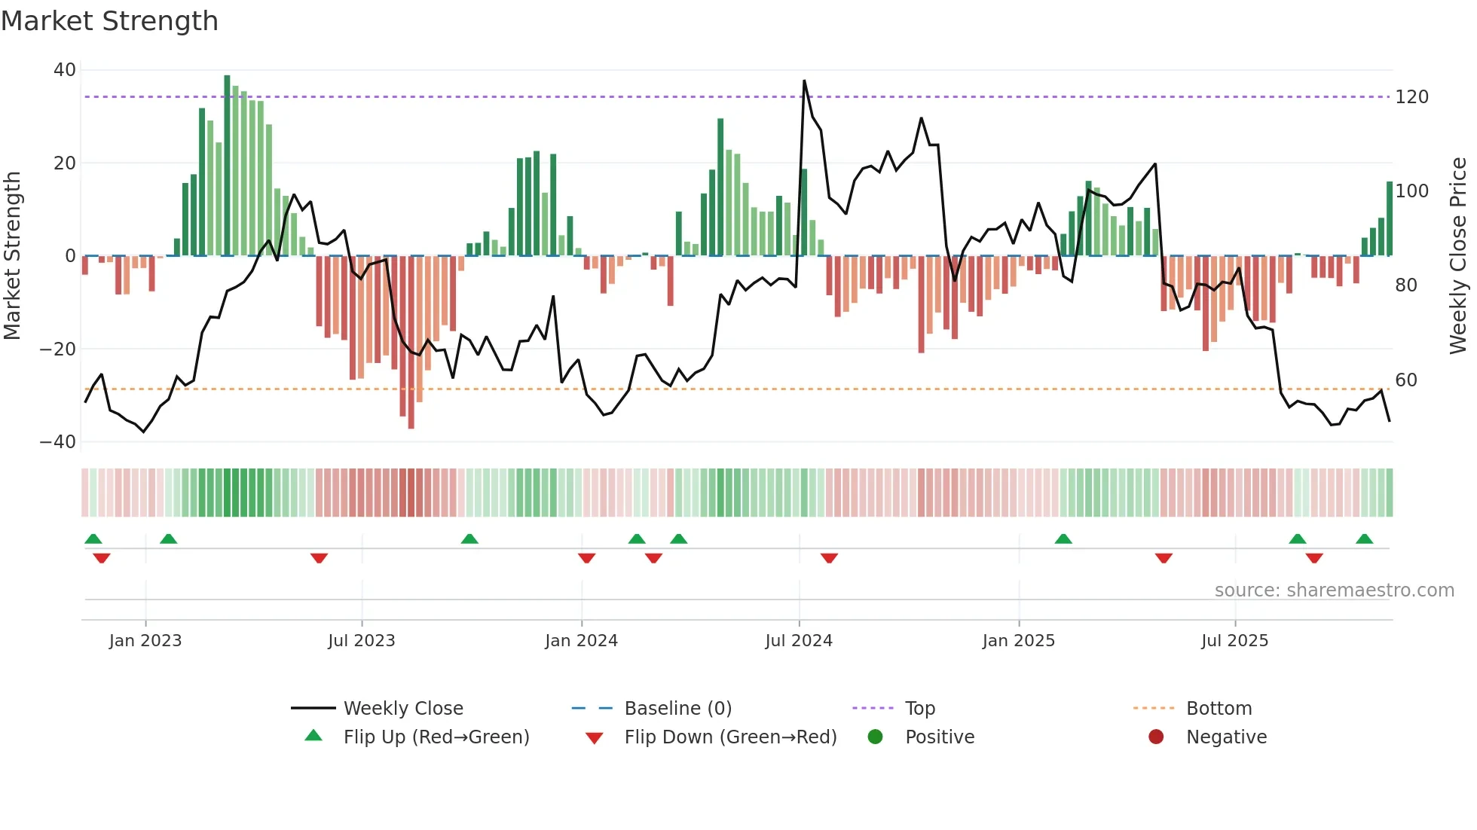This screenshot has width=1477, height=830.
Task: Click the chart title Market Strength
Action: click(109, 21)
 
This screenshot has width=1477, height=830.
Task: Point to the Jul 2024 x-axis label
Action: click(799, 640)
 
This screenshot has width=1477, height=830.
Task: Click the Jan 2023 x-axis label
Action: click(145, 640)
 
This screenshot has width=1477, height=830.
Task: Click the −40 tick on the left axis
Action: click(57, 442)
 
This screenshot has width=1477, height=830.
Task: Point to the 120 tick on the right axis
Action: click(1411, 97)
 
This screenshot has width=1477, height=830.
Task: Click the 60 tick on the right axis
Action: click(1406, 380)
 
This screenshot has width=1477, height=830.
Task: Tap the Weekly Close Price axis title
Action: click(1458, 256)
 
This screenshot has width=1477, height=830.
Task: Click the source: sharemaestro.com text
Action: click(1334, 590)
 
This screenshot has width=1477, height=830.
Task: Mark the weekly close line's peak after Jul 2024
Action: click(804, 81)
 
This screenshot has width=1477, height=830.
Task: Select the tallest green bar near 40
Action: click(227, 166)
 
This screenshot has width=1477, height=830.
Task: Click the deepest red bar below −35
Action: click(411, 343)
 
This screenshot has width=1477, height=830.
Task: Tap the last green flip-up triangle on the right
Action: click(1364, 539)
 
